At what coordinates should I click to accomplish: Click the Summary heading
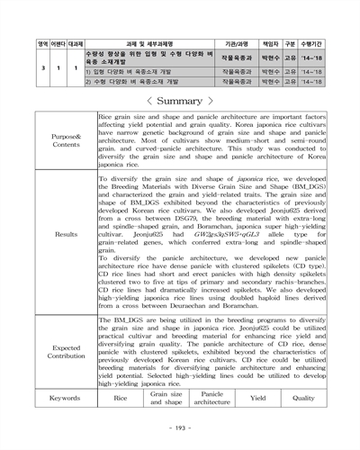(x=180, y=99)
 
